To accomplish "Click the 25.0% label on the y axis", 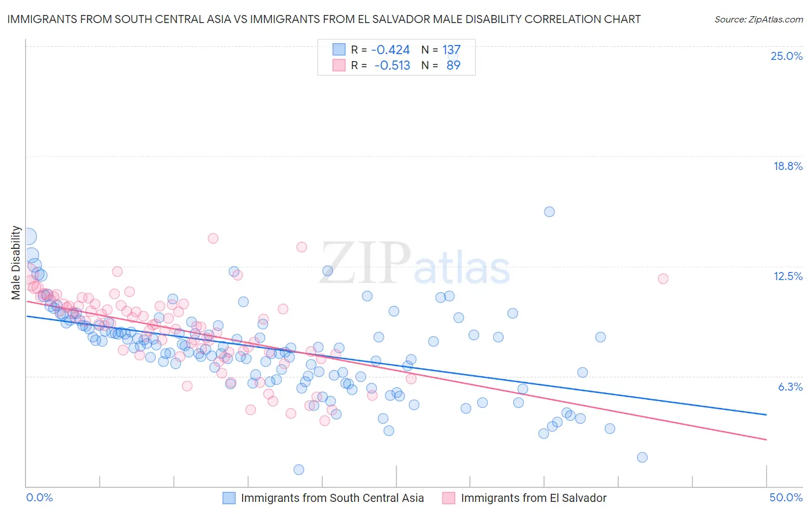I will [786, 56].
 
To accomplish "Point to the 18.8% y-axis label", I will [788, 166].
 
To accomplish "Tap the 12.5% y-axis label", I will [788, 276].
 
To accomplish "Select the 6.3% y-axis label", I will [790, 387].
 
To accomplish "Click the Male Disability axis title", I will [16, 263].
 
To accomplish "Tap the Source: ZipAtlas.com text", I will [758, 19].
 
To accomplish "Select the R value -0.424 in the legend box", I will [390, 50].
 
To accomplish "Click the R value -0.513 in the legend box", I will [392, 66].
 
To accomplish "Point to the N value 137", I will [451, 50].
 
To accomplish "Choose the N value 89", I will [453, 66].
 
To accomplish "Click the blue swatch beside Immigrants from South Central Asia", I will [229, 498].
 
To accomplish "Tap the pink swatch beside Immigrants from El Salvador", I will [449, 498].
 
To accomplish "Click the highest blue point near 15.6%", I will [549, 211].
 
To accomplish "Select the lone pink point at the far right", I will [663, 279].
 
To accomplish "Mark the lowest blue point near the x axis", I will [298, 470].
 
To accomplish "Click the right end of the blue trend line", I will [766, 414].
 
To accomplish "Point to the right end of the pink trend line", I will [766, 440].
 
